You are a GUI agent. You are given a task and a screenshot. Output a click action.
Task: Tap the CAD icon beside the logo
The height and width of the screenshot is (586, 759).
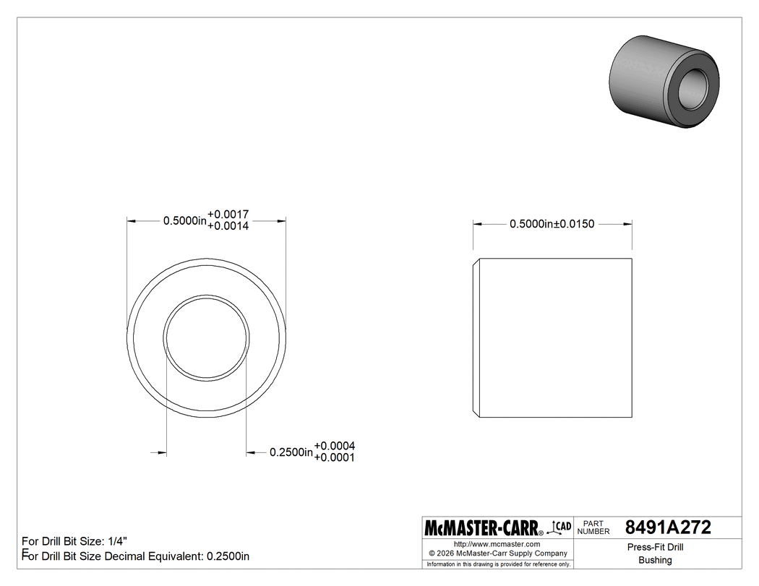tap(562, 527)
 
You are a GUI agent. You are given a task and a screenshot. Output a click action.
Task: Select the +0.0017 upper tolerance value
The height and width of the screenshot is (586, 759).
tap(228, 215)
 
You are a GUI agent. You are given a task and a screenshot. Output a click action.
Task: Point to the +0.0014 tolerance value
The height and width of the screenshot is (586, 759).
tap(228, 226)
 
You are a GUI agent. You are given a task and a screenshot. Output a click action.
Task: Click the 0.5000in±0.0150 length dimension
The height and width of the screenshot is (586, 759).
tap(552, 224)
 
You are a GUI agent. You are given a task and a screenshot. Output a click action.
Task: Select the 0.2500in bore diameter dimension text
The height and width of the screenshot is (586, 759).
tap(291, 452)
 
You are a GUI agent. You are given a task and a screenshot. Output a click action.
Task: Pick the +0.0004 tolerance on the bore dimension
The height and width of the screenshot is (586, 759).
tap(334, 446)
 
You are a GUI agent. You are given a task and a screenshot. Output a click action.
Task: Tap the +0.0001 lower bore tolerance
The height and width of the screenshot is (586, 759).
tap(334, 457)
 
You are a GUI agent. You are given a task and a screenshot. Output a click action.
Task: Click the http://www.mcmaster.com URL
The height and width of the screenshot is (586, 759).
tap(497, 543)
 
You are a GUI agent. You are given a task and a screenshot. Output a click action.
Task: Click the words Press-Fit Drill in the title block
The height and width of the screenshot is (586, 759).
tap(655, 547)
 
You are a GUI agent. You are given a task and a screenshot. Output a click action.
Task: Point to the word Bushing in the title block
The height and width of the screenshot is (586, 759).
tap(655, 560)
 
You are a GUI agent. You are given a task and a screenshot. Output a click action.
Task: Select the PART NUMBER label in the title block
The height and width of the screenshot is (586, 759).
tap(594, 527)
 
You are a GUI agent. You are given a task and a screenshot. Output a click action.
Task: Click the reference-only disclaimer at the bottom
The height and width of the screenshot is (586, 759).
tap(499, 564)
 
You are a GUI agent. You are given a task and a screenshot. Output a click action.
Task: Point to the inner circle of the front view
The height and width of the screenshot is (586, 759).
tap(207, 337)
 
